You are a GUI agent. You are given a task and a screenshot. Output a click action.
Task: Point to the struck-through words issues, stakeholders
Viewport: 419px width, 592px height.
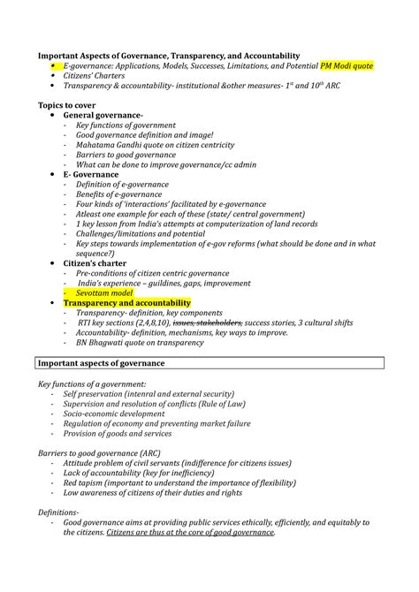(x=209, y=323)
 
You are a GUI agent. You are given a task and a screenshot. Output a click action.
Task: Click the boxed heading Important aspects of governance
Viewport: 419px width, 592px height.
(x=102, y=363)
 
